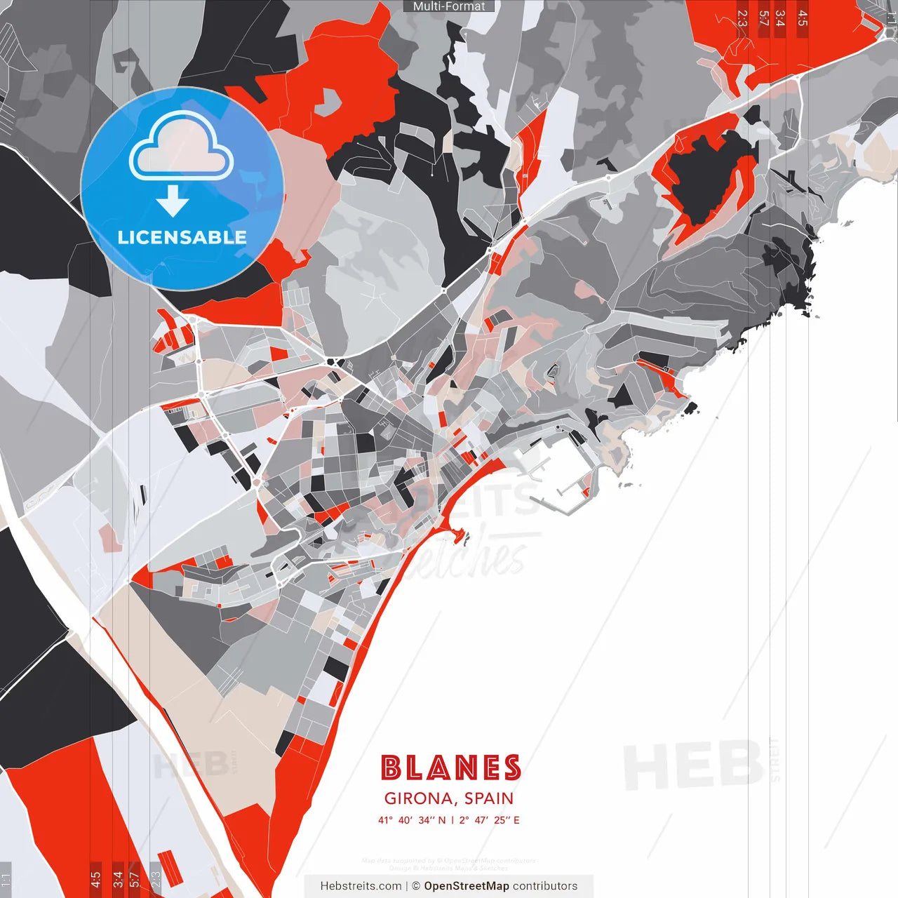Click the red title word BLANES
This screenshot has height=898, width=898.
[450, 768]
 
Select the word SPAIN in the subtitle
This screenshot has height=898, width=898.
[489, 798]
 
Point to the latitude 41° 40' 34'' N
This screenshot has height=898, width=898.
[412, 820]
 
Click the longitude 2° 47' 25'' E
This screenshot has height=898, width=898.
[490, 820]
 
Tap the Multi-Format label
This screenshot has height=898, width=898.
[449, 6]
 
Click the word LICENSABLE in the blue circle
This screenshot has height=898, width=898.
[182, 237]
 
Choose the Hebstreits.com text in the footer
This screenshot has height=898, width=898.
[361, 886]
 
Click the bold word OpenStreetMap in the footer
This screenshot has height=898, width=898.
[467, 886]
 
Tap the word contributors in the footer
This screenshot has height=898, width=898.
[545, 886]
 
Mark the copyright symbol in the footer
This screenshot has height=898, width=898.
[416, 886]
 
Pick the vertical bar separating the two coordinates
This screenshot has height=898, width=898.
[453, 820]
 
